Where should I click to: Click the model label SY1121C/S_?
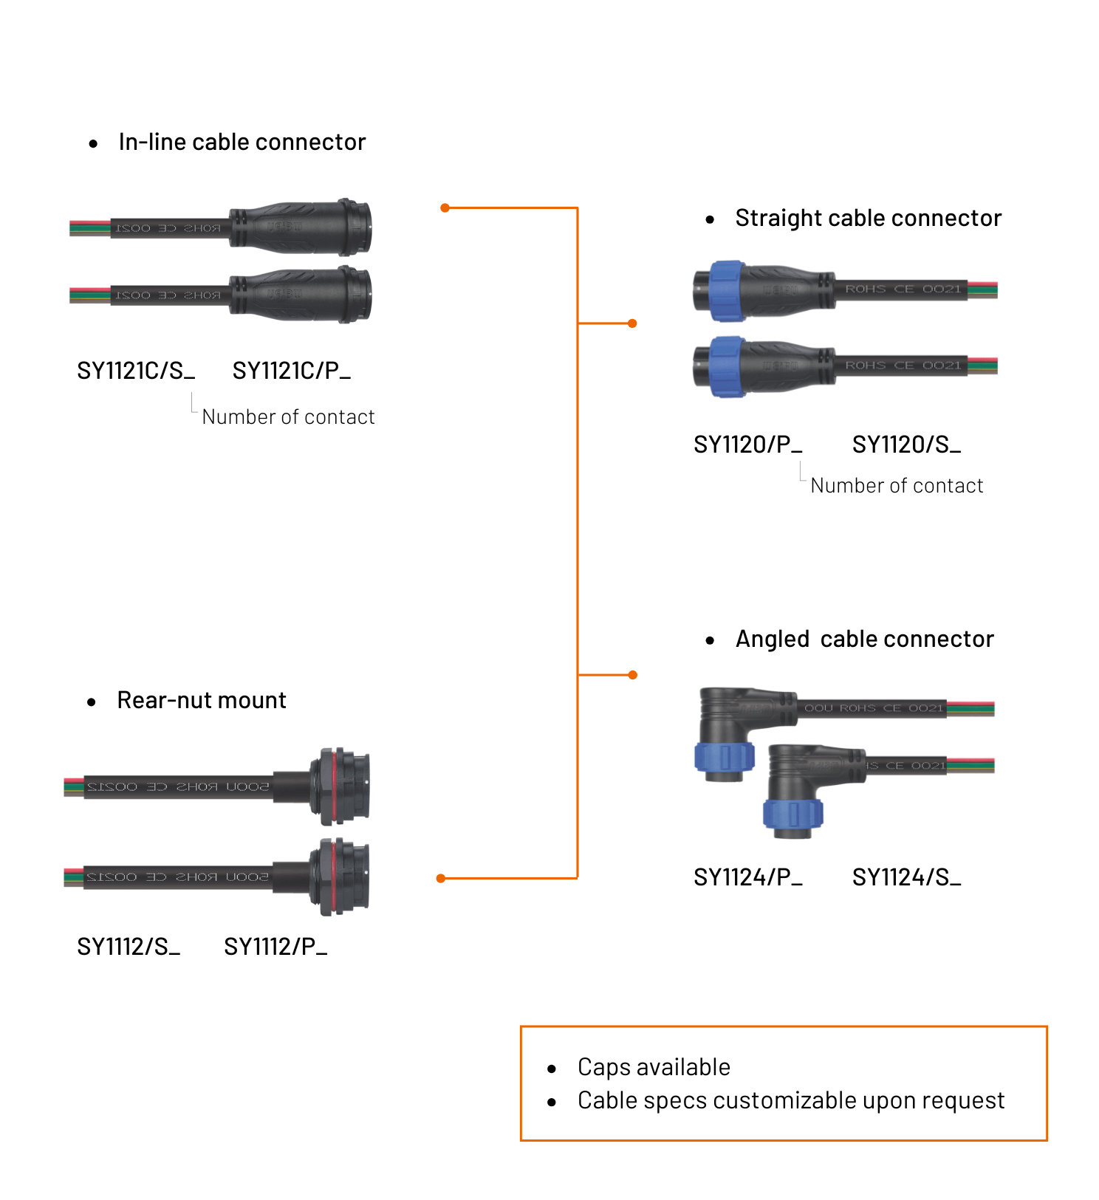[x=136, y=371]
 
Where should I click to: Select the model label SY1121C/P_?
[x=291, y=371]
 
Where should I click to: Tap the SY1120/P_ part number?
[x=747, y=445]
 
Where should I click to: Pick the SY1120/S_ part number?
[x=906, y=445]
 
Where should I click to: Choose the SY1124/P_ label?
[x=747, y=877]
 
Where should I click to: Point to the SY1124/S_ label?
[x=906, y=877]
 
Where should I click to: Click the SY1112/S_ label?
[x=129, y=947]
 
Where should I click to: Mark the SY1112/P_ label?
[x=275, y=947]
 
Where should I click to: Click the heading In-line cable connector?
[x=242, y=142]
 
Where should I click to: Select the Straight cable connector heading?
[x=868, y=219]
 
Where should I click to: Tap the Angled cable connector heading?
[x=864, y=639]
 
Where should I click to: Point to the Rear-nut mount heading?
[x=201, y=700]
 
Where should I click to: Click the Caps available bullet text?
[x=654, y=1067]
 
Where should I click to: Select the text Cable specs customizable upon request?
[x=790, y=1100]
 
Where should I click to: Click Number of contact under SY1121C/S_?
[x=288, y=417]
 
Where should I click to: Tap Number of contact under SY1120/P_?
[x=897, y=486]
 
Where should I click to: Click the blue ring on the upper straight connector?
[x=727, y=290]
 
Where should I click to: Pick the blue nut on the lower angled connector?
[x=792, y=814]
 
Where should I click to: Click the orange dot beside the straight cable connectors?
[x=632, y=323]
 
